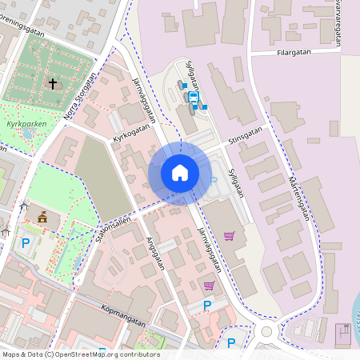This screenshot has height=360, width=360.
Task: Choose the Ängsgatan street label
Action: (x=156, y=252)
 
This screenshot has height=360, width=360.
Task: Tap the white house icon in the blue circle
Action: (x=179, y=172)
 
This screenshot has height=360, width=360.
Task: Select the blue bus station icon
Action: (x=193, y=96)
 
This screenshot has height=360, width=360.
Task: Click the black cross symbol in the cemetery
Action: (x=53, y=82)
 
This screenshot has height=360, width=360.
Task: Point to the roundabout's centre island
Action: (x=267, y=330)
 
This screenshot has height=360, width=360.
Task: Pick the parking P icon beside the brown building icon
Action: (x=26, y=242)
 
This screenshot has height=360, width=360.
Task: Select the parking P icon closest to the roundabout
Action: (x=231, y=342)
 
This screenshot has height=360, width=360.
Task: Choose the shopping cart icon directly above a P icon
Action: (x=209, y=286)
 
